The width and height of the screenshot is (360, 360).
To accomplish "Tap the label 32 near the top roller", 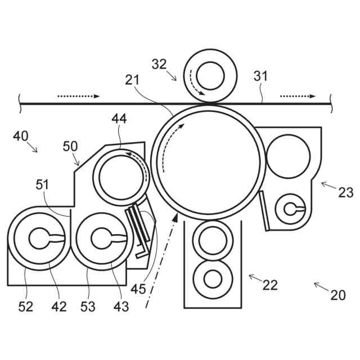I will (159, 64).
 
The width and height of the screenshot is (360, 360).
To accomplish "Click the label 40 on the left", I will (21, 137).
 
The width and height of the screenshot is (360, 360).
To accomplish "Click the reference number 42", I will (58, 307).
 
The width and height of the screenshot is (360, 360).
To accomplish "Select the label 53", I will (89, 307).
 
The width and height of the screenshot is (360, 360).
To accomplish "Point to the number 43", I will (120, 307).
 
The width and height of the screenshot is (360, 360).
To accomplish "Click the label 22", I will (270, 285).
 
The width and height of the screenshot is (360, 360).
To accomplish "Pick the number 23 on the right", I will (346, 192).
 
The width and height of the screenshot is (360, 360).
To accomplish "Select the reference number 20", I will (337, 295).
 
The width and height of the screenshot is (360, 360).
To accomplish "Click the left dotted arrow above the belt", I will (79, 96).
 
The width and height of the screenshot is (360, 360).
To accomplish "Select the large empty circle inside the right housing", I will (289, 155).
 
